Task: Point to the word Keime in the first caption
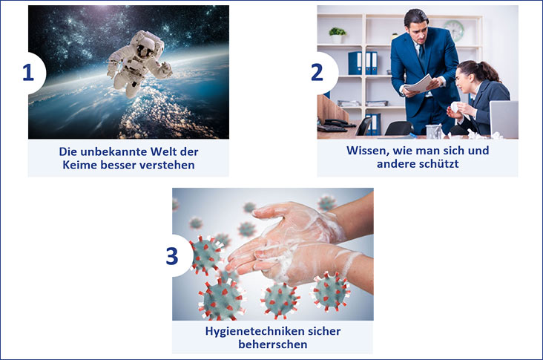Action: (80, 165)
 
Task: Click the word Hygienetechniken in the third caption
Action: (249, 332)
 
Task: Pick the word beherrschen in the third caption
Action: (273, 344)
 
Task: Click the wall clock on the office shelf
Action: (454, 30)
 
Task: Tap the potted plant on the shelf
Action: (338, 35)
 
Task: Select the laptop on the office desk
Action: (504, 120)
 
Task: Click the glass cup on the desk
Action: (434, 131)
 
